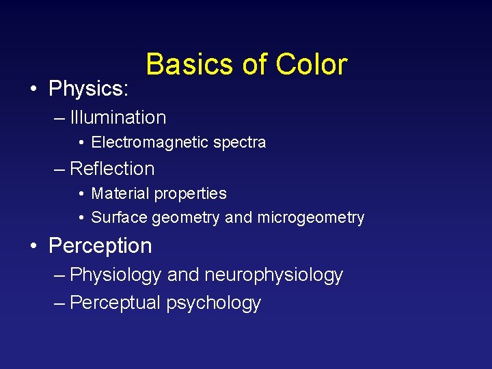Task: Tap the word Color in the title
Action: pyautogui.click(x=312, y=65)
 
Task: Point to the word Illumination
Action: pyautogui.click(x=118, y=118)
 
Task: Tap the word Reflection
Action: pyautogui.click(x=113, y=169)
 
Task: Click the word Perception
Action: pyautogui.click(x=100, y=246)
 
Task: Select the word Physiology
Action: pyautogui.click(x=115, y=275)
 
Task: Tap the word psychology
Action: pyautogui.click(x=214, y=303)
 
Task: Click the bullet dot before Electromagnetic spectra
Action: pyautogui.click(x=81, y=143)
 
